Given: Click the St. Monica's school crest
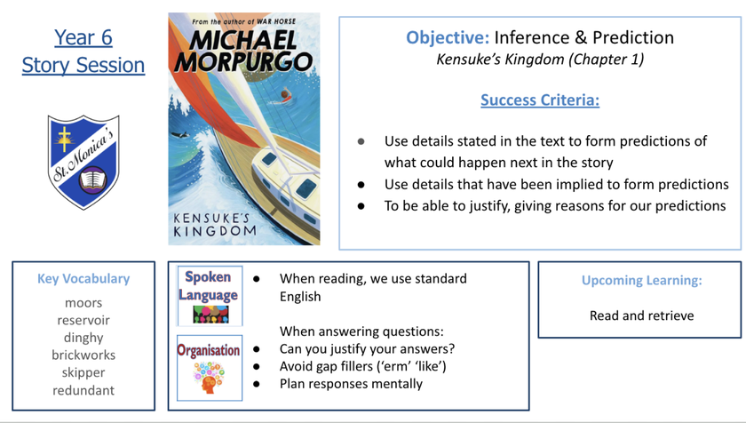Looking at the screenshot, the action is click(83, 162).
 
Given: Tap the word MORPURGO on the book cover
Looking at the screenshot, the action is click(243, 62).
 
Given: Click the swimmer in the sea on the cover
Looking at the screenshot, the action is click(283, 97).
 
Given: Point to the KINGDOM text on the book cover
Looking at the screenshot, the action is click(215, 232).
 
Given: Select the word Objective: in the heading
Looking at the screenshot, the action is click(448, 37).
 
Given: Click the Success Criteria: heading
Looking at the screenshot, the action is click(540, 100).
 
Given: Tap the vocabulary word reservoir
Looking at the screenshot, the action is click(83, 320).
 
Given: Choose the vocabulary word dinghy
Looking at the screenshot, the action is click(83, 338).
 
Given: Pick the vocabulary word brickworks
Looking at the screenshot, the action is click(83, 355).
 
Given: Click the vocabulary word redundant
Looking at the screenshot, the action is click(83, 390).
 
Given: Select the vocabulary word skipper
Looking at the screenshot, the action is click(83, 373).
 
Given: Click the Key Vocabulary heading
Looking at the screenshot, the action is click(83, 279).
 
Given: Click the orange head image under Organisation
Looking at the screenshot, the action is click(209, 378).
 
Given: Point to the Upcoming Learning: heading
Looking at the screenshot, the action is click(641, 280).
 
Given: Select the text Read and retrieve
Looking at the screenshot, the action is click(641, 315).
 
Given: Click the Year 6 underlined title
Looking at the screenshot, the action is click(83, 37).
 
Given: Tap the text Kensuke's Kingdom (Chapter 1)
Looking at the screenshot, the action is click(540, 60).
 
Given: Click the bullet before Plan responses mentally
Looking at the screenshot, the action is click(257, 384).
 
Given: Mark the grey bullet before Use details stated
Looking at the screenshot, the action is click(361, 141).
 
